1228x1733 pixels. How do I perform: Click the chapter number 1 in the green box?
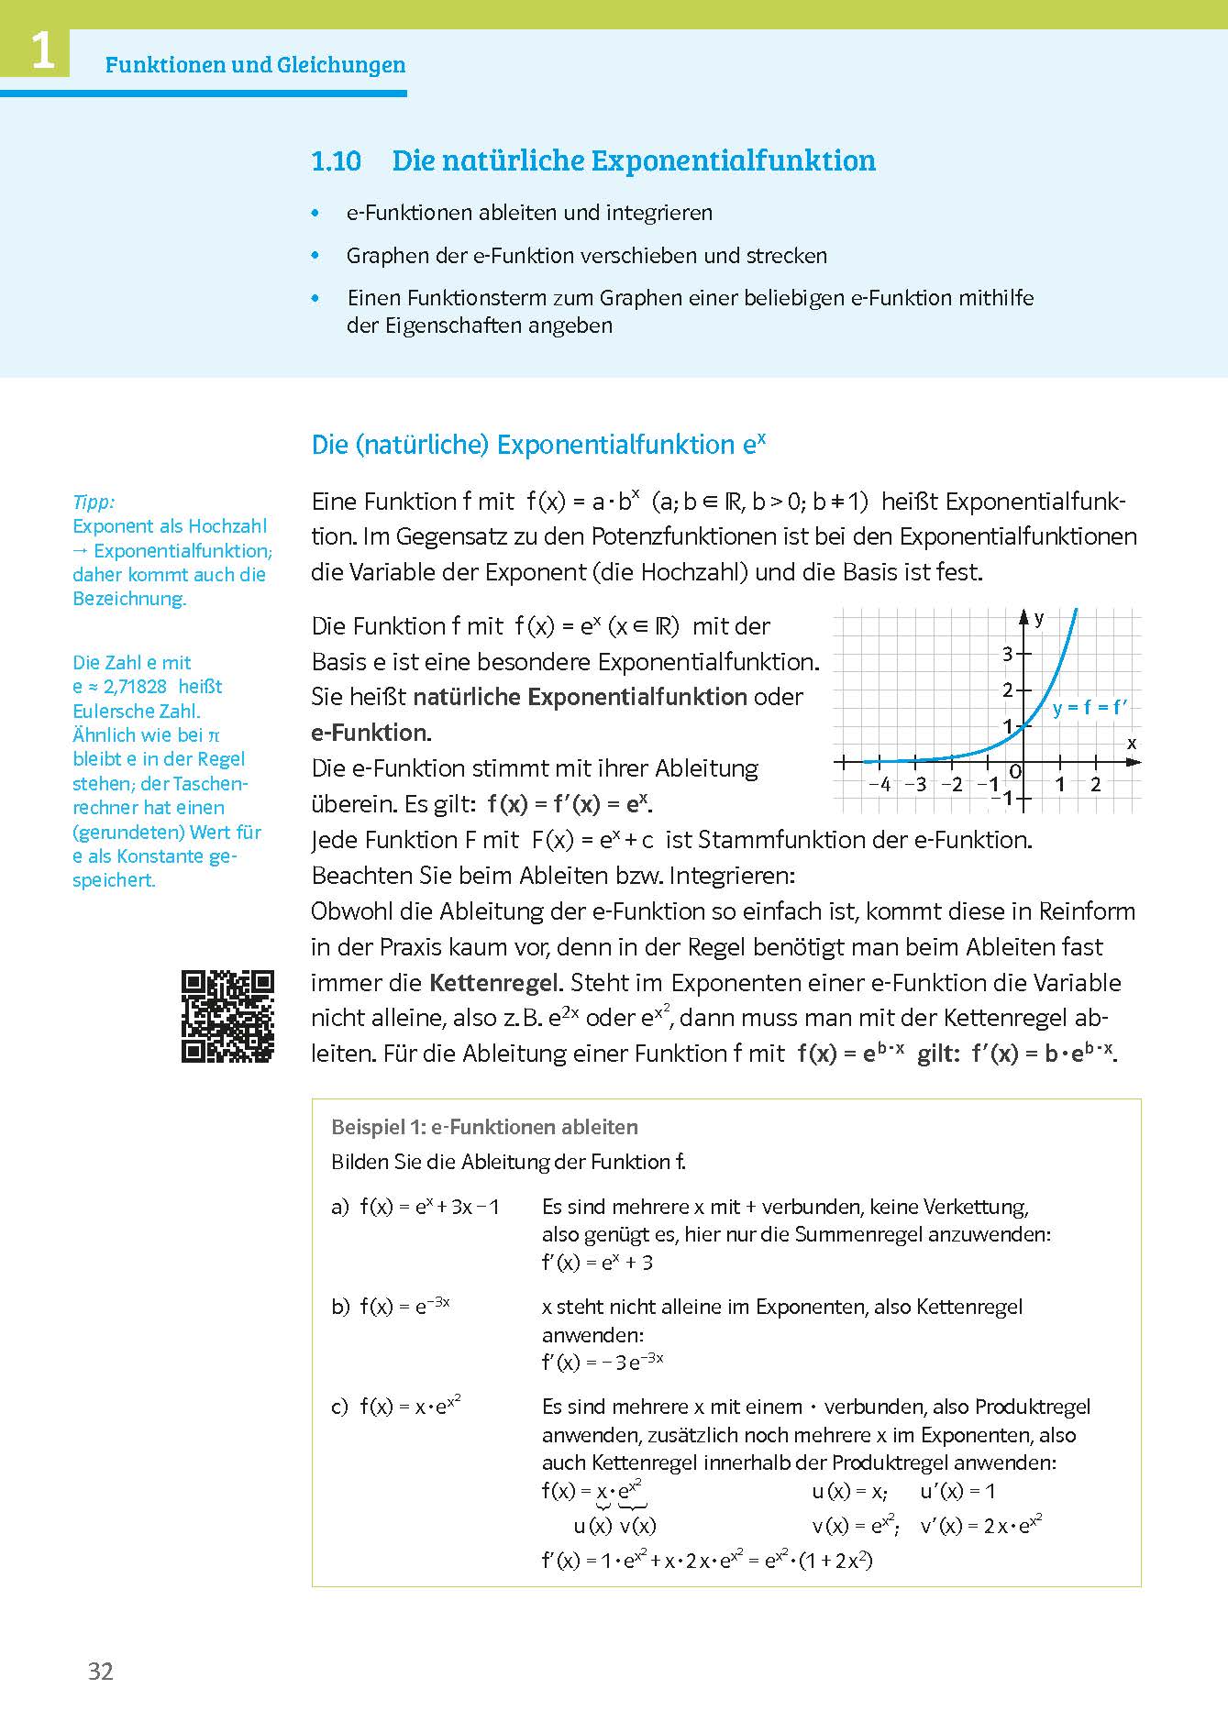pos(42,51)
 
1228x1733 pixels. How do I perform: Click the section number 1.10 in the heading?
pos(336,161)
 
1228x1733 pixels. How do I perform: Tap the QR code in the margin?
pos(227,1016)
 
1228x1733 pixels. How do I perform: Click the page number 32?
pos(100,1671)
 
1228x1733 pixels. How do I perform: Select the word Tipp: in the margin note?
pos(94,502)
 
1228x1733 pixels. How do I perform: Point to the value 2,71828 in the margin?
pos(134,687)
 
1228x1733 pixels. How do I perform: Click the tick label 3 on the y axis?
pos(1007,654)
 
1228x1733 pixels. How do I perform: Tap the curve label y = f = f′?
pos(1090,707)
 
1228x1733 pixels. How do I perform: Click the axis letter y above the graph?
pos(1039,619)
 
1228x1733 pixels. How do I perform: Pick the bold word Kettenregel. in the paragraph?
pos(495,983)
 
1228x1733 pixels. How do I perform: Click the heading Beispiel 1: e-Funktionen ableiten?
pos(484,1127)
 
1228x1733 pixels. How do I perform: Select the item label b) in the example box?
pos(340,1307)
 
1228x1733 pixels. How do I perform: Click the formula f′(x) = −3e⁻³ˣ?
pos(603,1362)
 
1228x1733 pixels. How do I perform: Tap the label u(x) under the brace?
pos(592,1526)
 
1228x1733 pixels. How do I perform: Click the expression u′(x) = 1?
pos(957,1491)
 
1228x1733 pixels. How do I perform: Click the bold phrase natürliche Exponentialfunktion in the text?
pos(580,697)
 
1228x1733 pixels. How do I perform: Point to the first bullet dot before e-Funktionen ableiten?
pos(316,213)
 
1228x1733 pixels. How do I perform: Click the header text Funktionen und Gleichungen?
pos(255,65)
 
